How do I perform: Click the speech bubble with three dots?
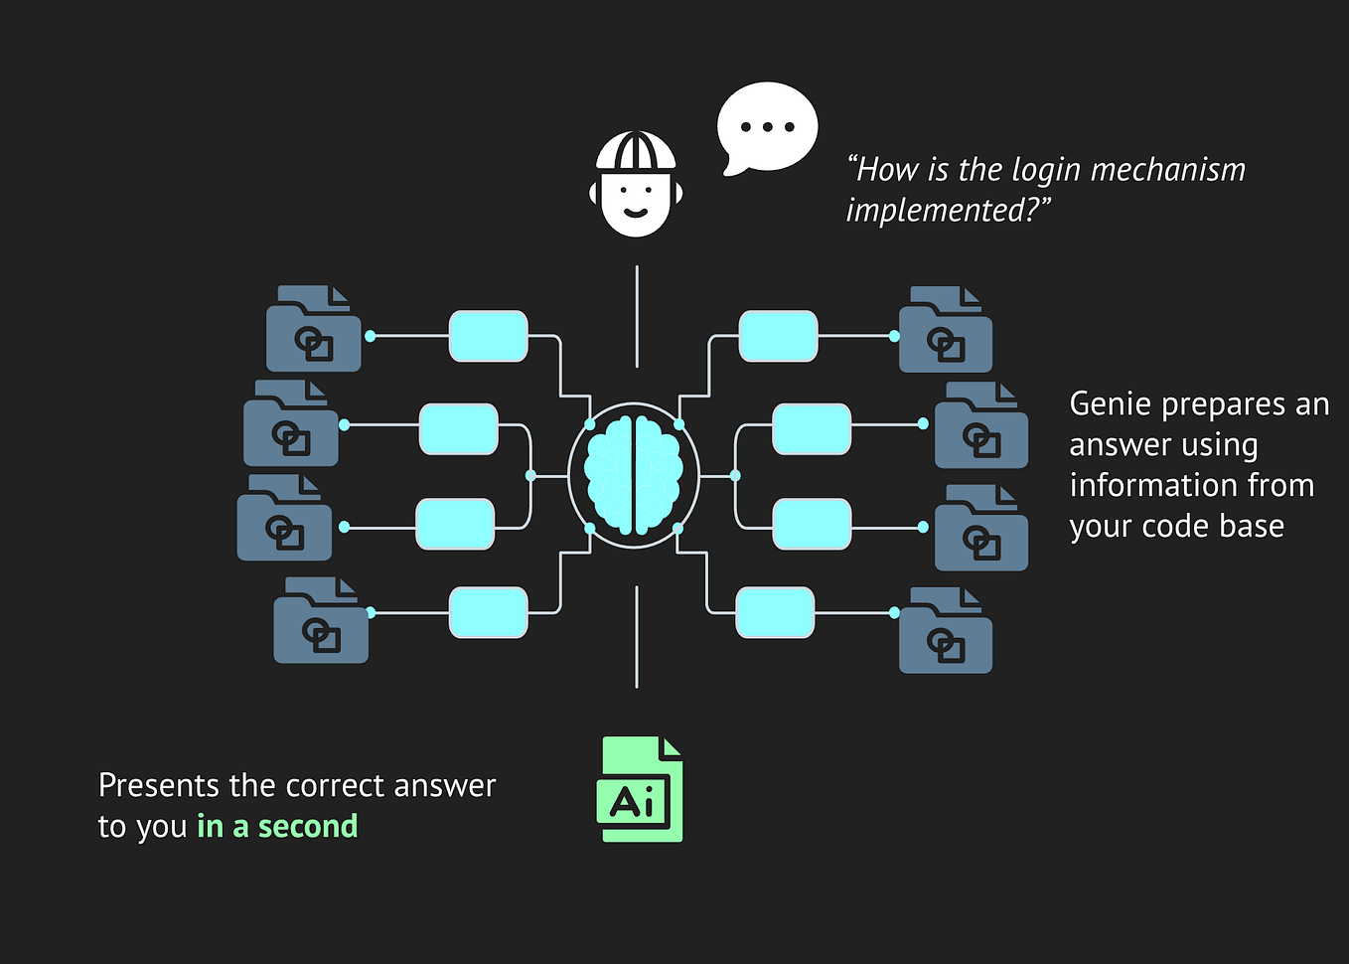coord(767,127)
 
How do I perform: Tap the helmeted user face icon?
coord(636,185)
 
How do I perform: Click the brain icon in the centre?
coord(634,475)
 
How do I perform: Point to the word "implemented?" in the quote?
coord(948,211)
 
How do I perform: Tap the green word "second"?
coord(308,826)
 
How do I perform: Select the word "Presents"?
coord(159,786)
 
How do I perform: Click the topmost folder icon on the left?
coord(313,331)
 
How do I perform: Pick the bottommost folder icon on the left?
coord(321,622)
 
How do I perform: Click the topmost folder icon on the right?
coord(945,332)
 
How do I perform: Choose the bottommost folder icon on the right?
coord(945,633)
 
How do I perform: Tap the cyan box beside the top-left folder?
coord(488,336)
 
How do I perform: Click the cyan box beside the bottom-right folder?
coord(775,612)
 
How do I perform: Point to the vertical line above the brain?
coord(637,316)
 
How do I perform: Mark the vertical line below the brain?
coord(637,636)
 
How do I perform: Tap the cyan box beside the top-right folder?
coord(778,336)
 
